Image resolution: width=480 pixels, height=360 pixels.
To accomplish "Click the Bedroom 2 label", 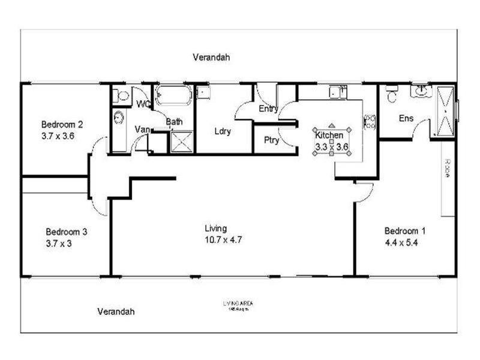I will [x=62, y=125].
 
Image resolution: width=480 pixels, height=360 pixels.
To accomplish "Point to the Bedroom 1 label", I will [x=405, y=231].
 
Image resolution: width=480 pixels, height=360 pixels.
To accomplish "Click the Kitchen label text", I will [x=329, y=135].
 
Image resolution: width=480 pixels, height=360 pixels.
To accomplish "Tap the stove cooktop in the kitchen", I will [x=370, y=122].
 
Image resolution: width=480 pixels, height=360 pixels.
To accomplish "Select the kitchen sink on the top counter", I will [x=338, y=92].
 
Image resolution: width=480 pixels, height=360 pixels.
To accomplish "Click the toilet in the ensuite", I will [x=392, y=95].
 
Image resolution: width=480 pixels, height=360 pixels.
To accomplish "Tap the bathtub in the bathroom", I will [x=173, y=95].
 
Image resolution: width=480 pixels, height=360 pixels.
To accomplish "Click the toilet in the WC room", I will [x=122, y=95].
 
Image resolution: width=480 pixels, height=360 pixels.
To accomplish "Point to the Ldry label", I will [x=223, y=131].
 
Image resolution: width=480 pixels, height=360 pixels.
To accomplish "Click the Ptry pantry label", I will [x=271, y=140].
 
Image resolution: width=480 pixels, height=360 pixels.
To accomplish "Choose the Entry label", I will [x=268, y=109].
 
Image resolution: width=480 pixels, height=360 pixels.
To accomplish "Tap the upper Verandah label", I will [x=211, y=58].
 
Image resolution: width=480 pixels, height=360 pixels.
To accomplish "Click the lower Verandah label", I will [x=116, y=311].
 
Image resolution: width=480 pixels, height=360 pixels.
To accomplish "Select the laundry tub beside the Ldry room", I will [x=203, y=92].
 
